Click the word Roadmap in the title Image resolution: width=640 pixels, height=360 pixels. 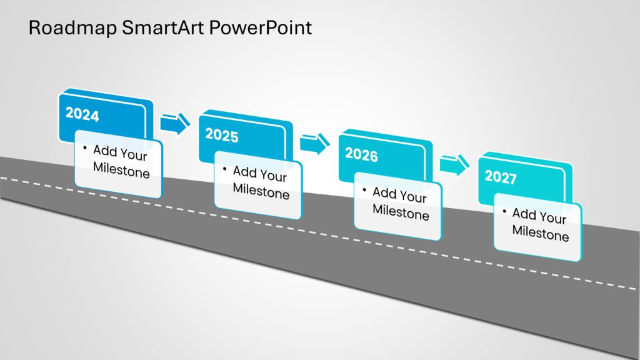pos(65,28)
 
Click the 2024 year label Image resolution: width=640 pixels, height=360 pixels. pos(82,115)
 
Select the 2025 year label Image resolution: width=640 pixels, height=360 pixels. pos(222,135)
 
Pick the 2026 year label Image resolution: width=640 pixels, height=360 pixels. pos(361,154)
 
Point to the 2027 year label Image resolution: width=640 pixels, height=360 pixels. pos(501,177)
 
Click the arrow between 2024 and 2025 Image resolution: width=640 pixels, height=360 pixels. pos(174,124)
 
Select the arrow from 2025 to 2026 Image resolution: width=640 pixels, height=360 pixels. pos(314,144)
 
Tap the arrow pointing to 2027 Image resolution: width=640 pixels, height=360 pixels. pos(454,165)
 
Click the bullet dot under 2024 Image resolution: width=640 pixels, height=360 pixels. pos(84,147)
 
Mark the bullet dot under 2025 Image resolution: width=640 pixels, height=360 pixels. pos(224,167)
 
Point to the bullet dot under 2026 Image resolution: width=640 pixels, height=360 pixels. pos(364,189)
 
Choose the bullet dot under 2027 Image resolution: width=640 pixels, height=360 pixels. pos(504,211)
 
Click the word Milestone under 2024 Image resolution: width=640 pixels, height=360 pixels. pos(121,170)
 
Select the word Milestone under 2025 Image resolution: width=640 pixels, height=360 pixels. pos(261,191)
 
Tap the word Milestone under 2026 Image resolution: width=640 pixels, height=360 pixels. pos(401,212)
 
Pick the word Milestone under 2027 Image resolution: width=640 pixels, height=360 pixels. pos(541,234)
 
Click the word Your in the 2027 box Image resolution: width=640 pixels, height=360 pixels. pos(552,218)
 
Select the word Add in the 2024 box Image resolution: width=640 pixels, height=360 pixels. pos(104,150)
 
